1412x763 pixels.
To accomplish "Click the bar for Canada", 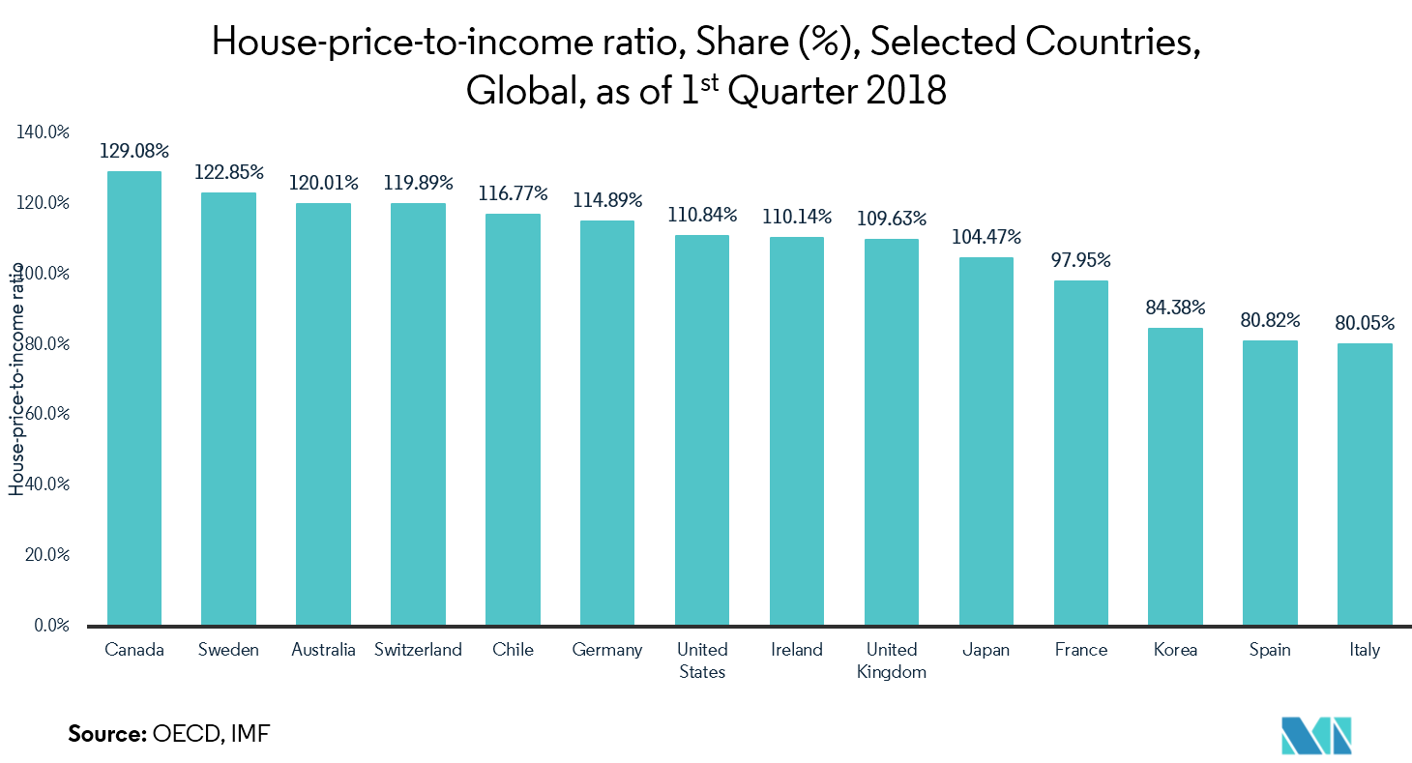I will tap(134, 397).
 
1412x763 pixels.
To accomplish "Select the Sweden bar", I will tap(228, 408).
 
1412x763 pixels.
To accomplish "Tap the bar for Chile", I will tap(513, 419).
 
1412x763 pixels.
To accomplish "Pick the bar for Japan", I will tap(986, 440).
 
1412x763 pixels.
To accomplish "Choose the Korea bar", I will tap(1176, 476).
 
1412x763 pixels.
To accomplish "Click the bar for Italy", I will tap(1365, 484).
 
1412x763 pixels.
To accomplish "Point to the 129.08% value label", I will tap(134, 152).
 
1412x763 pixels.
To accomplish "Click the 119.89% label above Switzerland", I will tap(418, 184).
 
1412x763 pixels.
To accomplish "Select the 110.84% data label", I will tap(702, 215).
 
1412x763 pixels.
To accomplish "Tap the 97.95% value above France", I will tap(1080, 261).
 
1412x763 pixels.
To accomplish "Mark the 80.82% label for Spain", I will tap(1270, 320).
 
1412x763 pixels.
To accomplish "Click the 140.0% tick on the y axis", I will tap(44, 132).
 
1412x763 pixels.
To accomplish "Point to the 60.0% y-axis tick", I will tap(45, 414).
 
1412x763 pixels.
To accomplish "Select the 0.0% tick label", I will tap(50, 626).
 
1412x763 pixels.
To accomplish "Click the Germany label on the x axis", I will tap(607, 650).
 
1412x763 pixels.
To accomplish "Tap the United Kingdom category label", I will tap(892, 660).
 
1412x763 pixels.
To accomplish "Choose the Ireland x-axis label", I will tap(797, 650).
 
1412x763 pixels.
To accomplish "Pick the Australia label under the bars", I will tap(323, 650).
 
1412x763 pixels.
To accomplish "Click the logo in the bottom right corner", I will tap(1316, 736).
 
